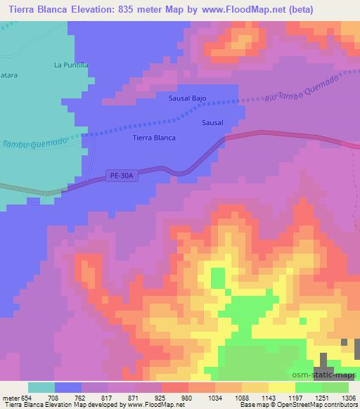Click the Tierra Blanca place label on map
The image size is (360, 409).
click(154, 138)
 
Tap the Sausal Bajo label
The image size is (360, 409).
click(187, 98)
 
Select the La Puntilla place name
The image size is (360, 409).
click(71, 65)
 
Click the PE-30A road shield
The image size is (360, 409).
click(122, 176)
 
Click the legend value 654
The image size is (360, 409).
click(27, 398)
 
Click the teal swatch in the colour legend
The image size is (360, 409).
click(41, 387)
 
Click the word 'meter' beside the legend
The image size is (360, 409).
click(11, 398)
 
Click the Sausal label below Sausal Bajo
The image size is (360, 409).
click(212, 122)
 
